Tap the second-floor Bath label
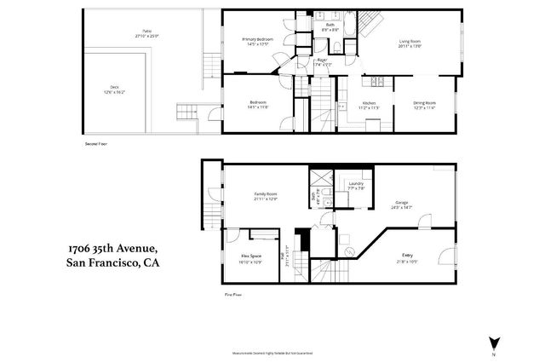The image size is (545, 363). (330, 26)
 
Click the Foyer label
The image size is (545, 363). (322, 60)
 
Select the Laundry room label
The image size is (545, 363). (355, 184)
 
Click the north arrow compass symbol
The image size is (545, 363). (492, 343)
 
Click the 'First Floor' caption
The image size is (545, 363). (233, 295)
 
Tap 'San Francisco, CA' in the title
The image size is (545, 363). (113, 263)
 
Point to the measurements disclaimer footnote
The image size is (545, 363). (272, 352)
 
